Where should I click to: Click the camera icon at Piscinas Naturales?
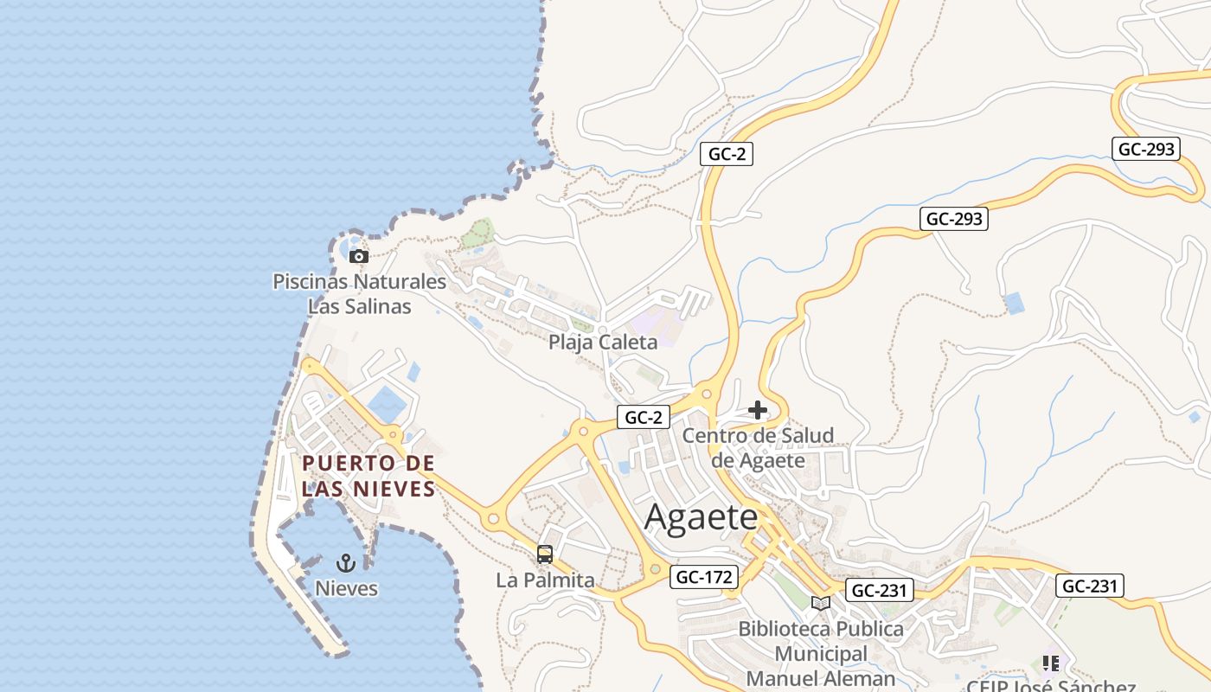click(x=359, y=256)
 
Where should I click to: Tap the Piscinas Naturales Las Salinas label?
click(x=360, y=293)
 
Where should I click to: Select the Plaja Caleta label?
click(x=603, y=342)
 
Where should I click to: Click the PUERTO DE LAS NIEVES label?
click(x=368, y=476)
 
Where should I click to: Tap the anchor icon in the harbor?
click(x=346, y=564)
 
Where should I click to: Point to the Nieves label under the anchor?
click(x=346, y=588)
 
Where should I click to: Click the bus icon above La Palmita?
click(x=545, y=554)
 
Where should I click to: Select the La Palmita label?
click(x=545, y=580)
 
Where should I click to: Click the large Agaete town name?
click(x=702, y=517)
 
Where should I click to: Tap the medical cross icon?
click(x=758, y=409)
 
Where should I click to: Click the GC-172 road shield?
click(x=704, y=577)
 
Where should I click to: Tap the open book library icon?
click(x=821, y=603)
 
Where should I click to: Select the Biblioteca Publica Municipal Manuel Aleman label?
click(x=821, y=653)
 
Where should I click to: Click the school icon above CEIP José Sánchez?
click(x=1051, y=663)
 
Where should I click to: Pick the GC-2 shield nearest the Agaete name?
click(x=644, y=417)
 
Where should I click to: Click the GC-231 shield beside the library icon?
click(x=879, y=591)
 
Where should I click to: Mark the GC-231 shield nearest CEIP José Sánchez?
click(x=1090, y=586)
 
